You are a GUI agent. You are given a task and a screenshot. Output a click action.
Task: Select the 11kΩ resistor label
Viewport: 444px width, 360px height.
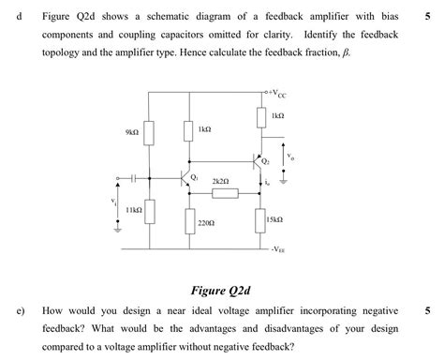point(132,211)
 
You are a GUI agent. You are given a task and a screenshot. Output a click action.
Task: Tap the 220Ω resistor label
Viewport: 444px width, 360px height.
point(206,224)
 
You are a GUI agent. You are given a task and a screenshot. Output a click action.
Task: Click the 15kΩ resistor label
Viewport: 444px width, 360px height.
point(274,217)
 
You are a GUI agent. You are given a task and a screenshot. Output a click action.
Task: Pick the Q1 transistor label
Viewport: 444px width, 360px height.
point(194,175)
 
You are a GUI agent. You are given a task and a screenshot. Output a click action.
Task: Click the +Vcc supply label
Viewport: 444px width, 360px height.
point(277,94)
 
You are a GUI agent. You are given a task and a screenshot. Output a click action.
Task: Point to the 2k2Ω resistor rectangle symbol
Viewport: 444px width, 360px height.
point(225,193)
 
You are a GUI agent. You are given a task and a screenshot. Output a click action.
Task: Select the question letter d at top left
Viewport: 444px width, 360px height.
point(18,16)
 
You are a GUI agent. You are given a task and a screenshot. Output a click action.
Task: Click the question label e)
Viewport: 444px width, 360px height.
point(20,309)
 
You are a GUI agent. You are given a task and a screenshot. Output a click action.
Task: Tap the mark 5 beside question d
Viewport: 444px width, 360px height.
point(427,16)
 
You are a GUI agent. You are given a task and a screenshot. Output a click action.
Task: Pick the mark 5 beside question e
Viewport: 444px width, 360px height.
point(427,309)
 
